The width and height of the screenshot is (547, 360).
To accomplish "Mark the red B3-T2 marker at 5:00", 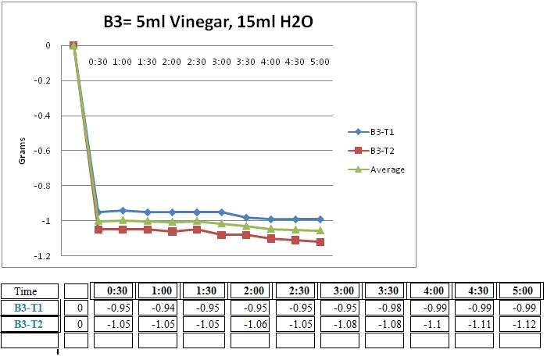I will click(x=320, y=242).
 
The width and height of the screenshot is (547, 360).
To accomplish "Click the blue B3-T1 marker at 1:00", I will click(x=123, y=210).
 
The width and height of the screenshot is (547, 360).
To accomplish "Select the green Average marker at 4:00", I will click(x=271, y=229).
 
